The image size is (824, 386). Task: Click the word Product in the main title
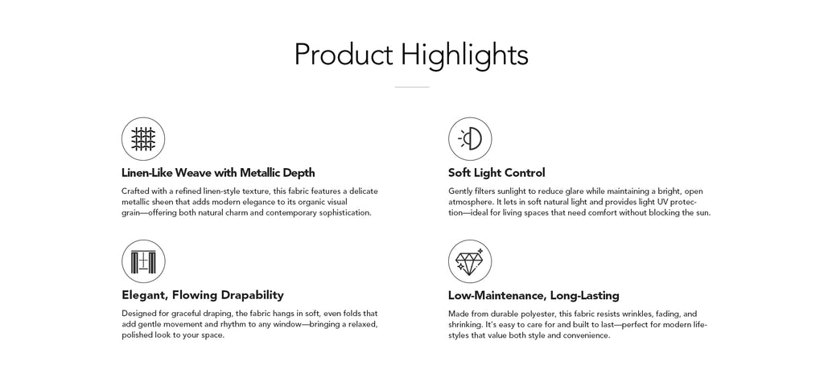click(x=343, y=54)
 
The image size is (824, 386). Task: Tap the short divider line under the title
click(x=412, y=87)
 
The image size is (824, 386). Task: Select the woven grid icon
click(x=143, y=139)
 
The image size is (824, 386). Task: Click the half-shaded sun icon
click(x=470, y=139)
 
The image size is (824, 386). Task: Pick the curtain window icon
click(x=143, y=261)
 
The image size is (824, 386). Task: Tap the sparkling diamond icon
click(x=470, y=261)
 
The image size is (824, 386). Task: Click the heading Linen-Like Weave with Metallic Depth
click(x=218, y=173)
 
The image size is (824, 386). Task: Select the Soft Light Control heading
click(x=496, y=173)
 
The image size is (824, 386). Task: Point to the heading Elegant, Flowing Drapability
click(x=202, y=295)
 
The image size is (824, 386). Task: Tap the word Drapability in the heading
click(x=252, y=295)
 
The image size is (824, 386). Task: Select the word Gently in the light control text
click(x=459, y=191)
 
